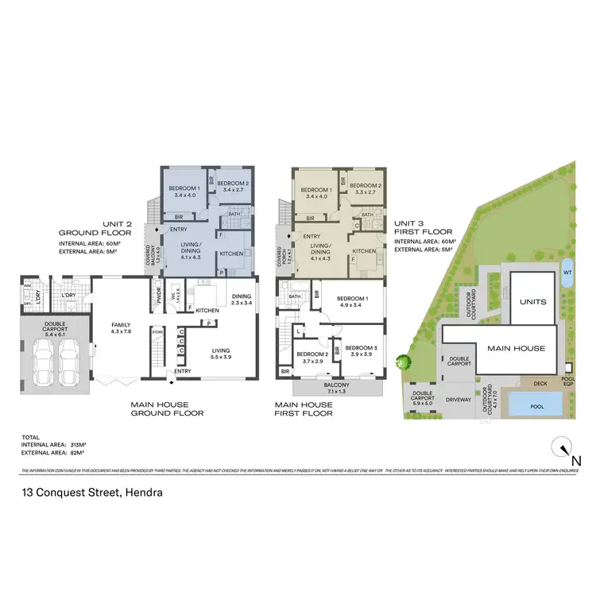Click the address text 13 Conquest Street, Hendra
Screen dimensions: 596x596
(x=92, y=493)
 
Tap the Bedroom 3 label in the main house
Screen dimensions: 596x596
(x=360, y=350)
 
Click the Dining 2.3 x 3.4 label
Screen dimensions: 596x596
(x=242, y=299)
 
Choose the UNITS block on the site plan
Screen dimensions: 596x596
(x=533, y=302)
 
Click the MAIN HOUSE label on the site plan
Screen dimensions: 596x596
(x=517, y=348)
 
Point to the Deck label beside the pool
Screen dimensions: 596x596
(x=540, y=384)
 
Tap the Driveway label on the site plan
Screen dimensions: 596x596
(x=459, y=401)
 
